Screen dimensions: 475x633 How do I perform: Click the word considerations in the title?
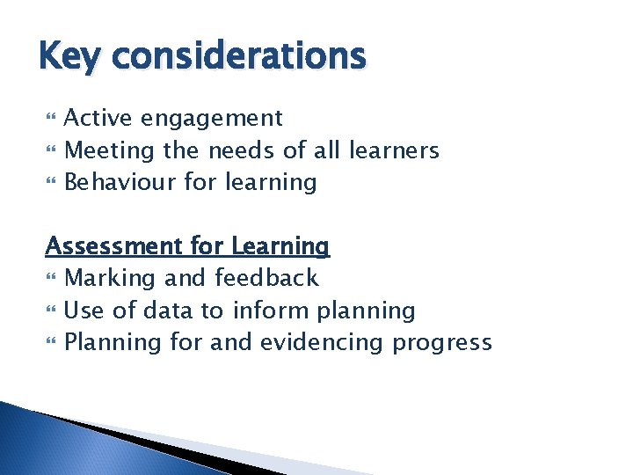[239, 56]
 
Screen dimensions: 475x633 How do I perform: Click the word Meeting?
[110, 151]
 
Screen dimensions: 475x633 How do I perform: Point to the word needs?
[241, 151]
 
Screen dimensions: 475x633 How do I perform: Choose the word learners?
[393, 150]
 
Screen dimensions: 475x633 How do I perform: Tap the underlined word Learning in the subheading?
[280, 246]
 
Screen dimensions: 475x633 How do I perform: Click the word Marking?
[111, 279]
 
